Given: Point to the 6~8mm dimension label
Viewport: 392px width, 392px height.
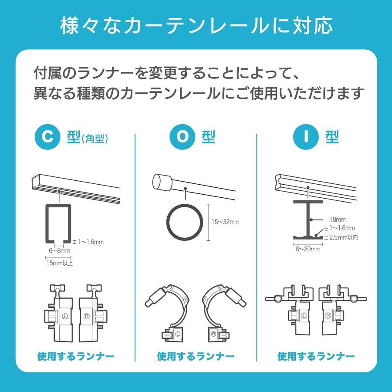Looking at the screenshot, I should coord(59,251).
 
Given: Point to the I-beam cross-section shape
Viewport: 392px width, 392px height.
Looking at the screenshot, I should coord(308,220).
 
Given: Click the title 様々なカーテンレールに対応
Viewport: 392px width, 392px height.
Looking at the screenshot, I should coord(196,26).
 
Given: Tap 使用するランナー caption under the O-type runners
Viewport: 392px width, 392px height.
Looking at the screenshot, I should coord(196,357).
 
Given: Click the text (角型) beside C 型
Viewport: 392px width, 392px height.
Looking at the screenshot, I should coord(95,139).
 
